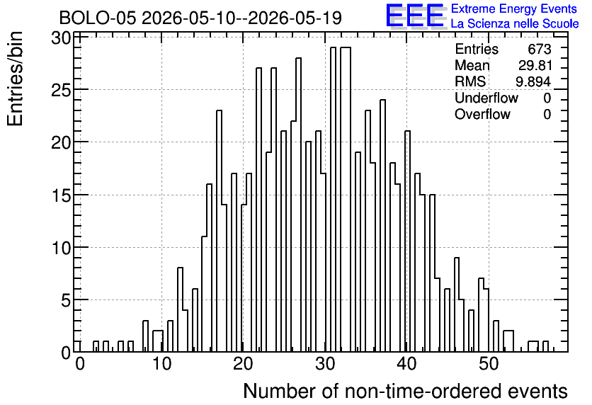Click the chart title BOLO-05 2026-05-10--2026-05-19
pyautogui.click(x=200, y=18)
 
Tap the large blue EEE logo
pyautogui.click(x=415, y=16)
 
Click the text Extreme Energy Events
pyautogui.click(x=514, y=8)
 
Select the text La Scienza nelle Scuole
pyautogui.click(x=515, y=23)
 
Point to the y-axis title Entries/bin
pyautogui.click(x=16, y=79)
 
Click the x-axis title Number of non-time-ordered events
pyautogui.click(x=405, y=391)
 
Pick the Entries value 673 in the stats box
pyautogui.click(x=540, y=49)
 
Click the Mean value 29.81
pyautogui.click(x=535, y=65)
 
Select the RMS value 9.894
pyautogui.click(x=533, y=81)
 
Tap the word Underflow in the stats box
pyautogui.click(x=486, y=98)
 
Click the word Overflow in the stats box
pyautogui.click(x=482, y=114)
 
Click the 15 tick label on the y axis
pyautogui.click(x=61, y=195)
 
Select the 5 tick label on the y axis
pyautogui.click(x=66, y=300)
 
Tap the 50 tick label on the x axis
pyautogui.click(x=489, y=364)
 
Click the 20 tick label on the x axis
pyautogui.click(x=243, y=364)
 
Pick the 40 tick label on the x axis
pyautogui.click(x=406, y=364)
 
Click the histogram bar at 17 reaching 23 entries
pyautogui.click(x=219, y=231)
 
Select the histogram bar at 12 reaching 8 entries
pyautogui.click(x=180, y=310)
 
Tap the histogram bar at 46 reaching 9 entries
pyautogui.click(x=457, y=304)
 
